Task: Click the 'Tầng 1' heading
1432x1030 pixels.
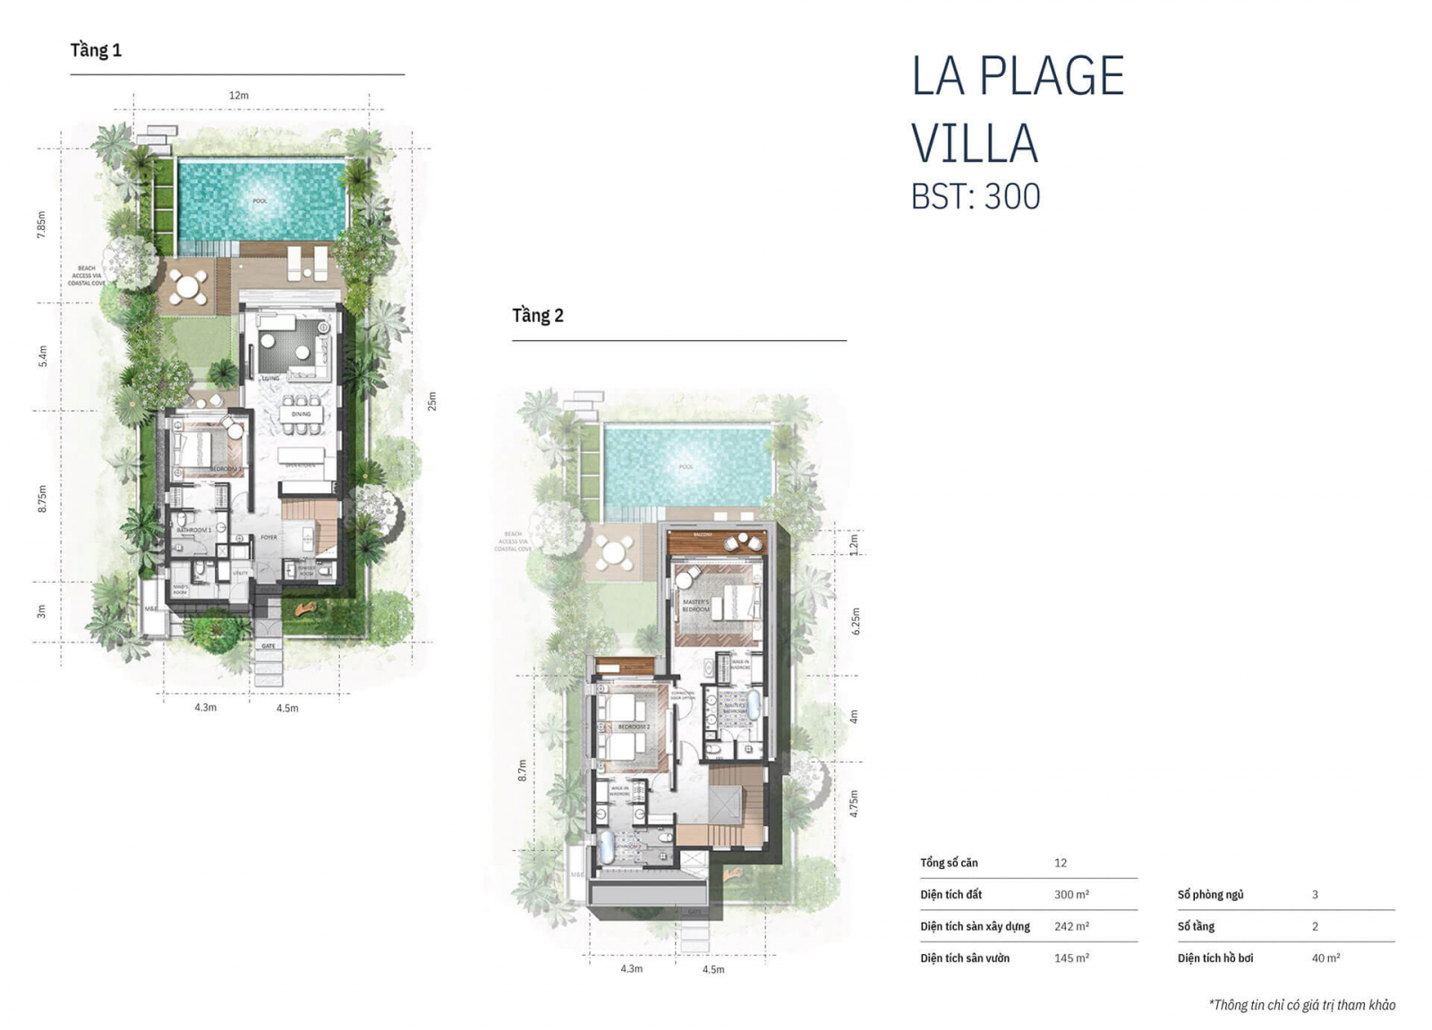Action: click(x=96, y=51)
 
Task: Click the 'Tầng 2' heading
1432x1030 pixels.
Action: click(x=538, y=316)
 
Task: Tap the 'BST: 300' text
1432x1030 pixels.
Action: click(x=976, y=197)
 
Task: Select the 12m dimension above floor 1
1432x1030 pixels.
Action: click(x=238, y=96)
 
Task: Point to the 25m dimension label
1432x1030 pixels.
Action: click(x=431, y=401)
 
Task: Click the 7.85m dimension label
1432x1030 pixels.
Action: click(x=41, y=224)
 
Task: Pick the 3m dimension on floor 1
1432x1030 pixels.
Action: click(x=41, y=611)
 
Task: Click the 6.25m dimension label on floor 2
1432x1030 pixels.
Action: click(x=855, y=621)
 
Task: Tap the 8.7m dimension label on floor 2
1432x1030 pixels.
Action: click(x=523, y=770)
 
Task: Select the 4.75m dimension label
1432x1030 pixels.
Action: click(x=854, y=804)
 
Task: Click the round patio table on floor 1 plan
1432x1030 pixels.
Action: click(x=188, y=287)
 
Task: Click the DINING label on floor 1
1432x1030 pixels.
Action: click(x=302, y=414)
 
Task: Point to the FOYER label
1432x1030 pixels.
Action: click(x=268, y=538)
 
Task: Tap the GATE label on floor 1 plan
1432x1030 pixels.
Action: click(x=268, y=645)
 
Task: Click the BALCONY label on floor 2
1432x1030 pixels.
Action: click(x=703, y=535)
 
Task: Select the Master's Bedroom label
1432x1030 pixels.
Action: click(x=695, y=606)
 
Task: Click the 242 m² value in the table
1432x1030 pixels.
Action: click(x=1071, y=926)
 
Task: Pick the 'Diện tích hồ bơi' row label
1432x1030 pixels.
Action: click(x=1215, y=958)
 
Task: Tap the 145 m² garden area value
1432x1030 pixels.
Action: click(x=1071, y=958)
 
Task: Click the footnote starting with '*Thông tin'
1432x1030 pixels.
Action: click(x=1301, y=1005)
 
